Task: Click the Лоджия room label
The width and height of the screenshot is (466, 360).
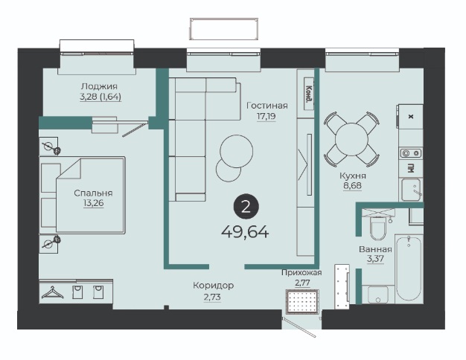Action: (x=99, y=86)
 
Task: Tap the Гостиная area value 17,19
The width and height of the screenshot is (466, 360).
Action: (x=266, y=116)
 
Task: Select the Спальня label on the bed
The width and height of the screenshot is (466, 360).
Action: (x=93, y=193)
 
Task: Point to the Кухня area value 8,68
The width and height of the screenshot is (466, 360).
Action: (x=352, y=186)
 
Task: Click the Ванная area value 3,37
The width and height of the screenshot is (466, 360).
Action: (x=375, y=259)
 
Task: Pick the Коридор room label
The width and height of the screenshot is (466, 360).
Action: (x=214, y=286)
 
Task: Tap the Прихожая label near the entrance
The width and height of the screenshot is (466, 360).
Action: (x=301, y=272)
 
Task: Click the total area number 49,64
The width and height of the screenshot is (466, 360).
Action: (x=245, y=232)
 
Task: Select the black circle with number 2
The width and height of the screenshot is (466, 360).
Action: (x=246, y=207)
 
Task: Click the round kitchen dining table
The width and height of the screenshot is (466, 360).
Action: (x=351, y=139)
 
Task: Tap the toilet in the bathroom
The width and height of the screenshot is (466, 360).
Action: (x=377, y=228)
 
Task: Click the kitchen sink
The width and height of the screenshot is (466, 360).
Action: (x=411, y=190)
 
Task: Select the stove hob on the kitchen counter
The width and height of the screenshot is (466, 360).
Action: (x=411, y=153)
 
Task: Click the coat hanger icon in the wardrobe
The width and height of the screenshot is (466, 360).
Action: (x=53, y=292)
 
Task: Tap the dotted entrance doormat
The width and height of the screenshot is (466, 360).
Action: (x=302, y=301)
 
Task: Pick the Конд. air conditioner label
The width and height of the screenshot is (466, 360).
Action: (x=309, y=94)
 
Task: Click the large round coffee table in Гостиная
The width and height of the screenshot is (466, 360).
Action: (x=237, y=151)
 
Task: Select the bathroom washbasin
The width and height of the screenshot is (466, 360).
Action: (x=377, y=294)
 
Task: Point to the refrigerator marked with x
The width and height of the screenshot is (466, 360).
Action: (x=411, y=117)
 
